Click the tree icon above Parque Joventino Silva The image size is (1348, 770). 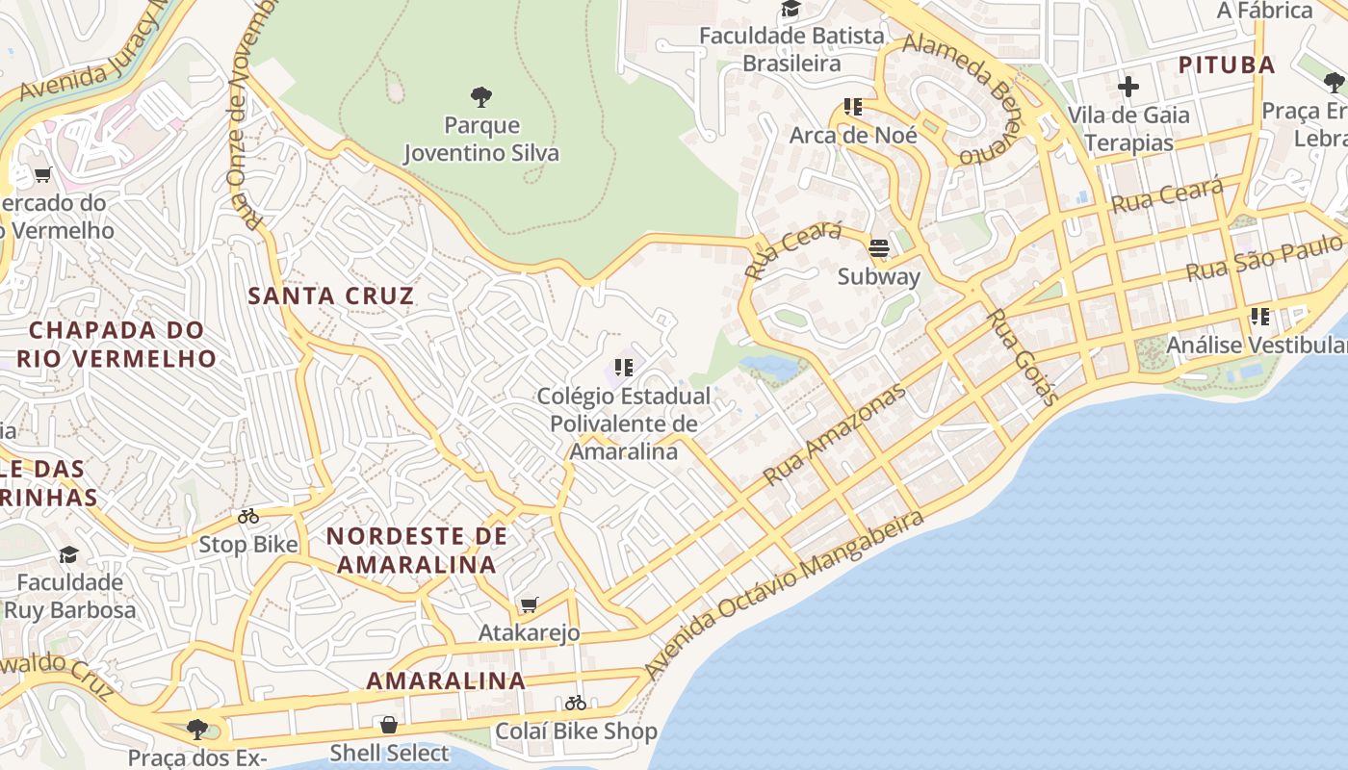coord(481,96)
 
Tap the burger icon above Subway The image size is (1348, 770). coord(878,248)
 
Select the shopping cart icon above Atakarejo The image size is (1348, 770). coord(528,604)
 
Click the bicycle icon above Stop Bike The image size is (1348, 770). coord(248,516)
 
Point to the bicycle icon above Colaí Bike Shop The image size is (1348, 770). coord(576,703)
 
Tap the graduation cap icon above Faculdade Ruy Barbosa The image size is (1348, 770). coord(68,554)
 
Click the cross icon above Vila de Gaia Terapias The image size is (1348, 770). coord(1128,87)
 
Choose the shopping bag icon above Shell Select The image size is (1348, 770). coord(389,724)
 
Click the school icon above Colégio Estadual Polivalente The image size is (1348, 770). coord(624,367)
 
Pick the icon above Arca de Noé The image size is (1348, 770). coord(852,107)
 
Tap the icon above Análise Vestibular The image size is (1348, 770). coord(1259,316)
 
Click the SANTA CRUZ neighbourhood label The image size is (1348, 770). coord(331,295)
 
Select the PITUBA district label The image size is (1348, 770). coord(1227,65)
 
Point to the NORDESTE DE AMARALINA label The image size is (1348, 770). coord(416,550)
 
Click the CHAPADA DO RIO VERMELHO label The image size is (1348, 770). coord(122,345)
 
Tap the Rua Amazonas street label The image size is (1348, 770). coord(834,435)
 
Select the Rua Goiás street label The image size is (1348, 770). coord(1024,357)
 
